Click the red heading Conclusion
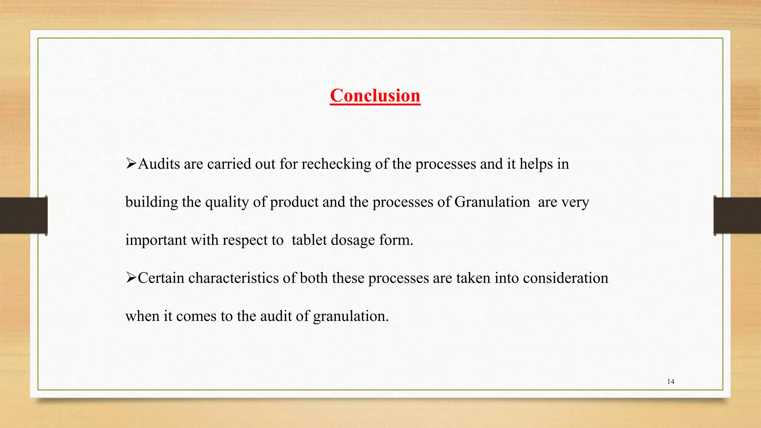point(375,95)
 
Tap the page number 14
point(671,382)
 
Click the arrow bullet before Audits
point(131,163)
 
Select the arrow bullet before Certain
point(131,278)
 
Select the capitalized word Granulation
point(492,202)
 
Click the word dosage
point(353,240)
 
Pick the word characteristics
point(233,278)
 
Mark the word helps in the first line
point(536,164)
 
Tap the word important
point(156,240)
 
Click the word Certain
point(161,278)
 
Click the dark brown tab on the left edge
point(23,215)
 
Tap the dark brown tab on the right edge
point(737,215)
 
